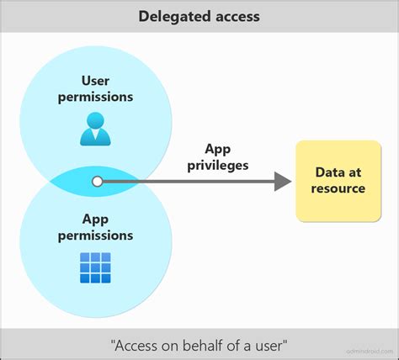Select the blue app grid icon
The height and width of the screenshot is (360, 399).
[x=95, y=267]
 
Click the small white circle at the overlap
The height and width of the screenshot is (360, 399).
[x=98, y=180]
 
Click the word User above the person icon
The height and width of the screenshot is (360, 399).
[x=95, y=81]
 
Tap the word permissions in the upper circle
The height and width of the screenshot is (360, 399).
[x=95, y=97]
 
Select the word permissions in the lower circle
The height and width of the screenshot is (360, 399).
[x=95, y=236]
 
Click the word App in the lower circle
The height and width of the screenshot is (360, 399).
[x=95, y=220]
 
